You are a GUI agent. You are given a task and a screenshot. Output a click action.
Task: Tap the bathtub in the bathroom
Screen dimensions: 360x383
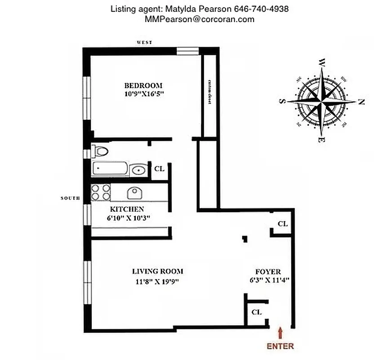tap(110, 169)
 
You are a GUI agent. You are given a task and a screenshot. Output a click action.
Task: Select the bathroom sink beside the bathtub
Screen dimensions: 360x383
tap(138, 170)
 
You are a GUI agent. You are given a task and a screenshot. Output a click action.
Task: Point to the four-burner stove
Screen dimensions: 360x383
tap(101, 192)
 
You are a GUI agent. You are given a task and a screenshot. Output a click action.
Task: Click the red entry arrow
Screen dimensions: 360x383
tap(281, 333)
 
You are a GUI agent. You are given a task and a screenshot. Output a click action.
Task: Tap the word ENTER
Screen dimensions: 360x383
tap(281, 346)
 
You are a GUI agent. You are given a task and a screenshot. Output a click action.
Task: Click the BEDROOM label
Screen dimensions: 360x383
tap(143, 85)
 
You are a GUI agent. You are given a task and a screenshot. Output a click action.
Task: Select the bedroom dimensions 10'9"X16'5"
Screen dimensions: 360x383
tap(143, 94)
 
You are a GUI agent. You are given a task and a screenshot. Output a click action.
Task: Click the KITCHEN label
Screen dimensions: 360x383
tap(127, 209)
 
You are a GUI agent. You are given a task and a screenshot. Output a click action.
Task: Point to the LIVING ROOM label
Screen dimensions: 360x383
tap(157, 271)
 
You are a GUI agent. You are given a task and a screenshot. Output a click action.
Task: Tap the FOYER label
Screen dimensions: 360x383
tap(268, 272)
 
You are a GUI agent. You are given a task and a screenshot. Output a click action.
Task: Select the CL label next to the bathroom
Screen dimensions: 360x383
tap(159, 169)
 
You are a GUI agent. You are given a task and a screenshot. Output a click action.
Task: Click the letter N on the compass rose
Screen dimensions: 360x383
tap(361, 102)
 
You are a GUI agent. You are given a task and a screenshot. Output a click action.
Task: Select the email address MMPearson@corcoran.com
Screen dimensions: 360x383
tap(199, 19)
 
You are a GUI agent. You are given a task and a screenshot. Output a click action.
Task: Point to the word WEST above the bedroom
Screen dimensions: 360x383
tap(144, 42)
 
